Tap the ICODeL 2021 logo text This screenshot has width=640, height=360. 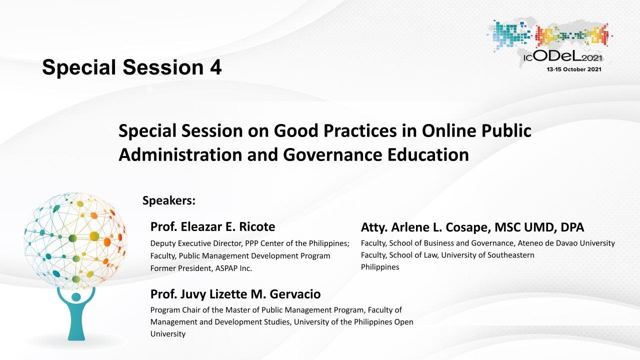[x=563, y=57]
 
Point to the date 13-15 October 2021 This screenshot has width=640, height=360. [x=574, y=69]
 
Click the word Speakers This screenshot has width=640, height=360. [x=169, y=200]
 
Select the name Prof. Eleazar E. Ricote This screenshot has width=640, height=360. [x=213, y=226]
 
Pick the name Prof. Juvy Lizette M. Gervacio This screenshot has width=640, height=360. [x=235, y=294]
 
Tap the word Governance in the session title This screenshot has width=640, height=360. [x=332, y=155]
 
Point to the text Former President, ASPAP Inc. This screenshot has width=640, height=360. [x=201, y=268]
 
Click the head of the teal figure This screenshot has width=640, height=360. [x=76, y=297]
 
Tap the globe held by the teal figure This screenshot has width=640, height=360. [x=75, y=240]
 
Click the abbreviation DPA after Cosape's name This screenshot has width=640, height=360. [x=572, y=227]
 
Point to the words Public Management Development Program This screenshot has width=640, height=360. [x=254, y=255]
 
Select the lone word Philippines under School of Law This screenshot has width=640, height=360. [x=380, y=267]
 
